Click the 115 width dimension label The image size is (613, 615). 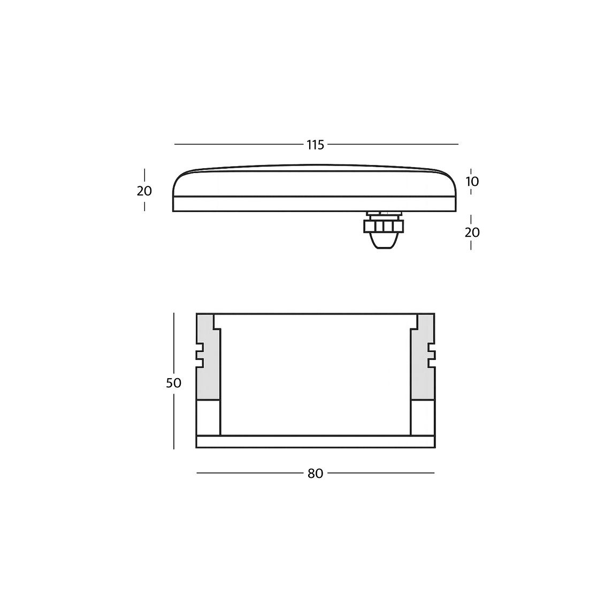(x=315, y=145)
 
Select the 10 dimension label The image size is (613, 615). (x=472, y=182)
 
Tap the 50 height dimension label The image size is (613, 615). (x=173, y=383)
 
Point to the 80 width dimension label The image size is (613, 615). (x=315, y=474)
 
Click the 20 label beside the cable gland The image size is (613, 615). (x=472, y=232)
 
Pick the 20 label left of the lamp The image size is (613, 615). (x=144, y=191)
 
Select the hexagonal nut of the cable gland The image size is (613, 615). (x=383, y=226)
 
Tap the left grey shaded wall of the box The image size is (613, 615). (x=208, y=375)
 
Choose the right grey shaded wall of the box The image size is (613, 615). (x=423, y=375)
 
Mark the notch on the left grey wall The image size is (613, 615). (x=200, y=355)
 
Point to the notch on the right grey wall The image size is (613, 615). (x=431, y=355)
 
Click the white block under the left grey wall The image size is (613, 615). (x=208, y=417)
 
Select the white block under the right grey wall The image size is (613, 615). (x=423, y=417)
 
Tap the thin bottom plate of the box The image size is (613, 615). (x=315, y=441)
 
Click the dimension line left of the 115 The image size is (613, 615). (x=238, y=145)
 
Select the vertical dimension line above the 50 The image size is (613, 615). (x=174, y=343)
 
